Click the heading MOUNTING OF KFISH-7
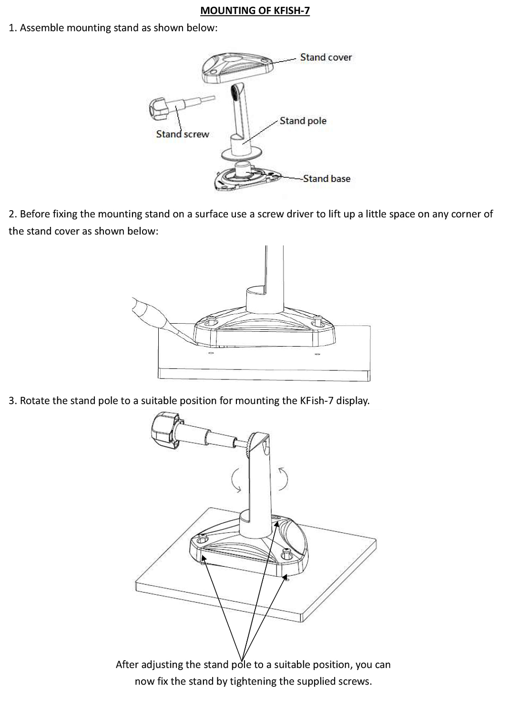coord(255,10)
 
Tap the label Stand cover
coord(326,57)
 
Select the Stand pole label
coord(303,121)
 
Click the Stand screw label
coord(183,134)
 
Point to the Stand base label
coord(326,179)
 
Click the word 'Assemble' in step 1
coord(42,28)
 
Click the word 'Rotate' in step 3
coord(35,400)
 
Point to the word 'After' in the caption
coord(127,664)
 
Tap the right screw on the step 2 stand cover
coord(315,325)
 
